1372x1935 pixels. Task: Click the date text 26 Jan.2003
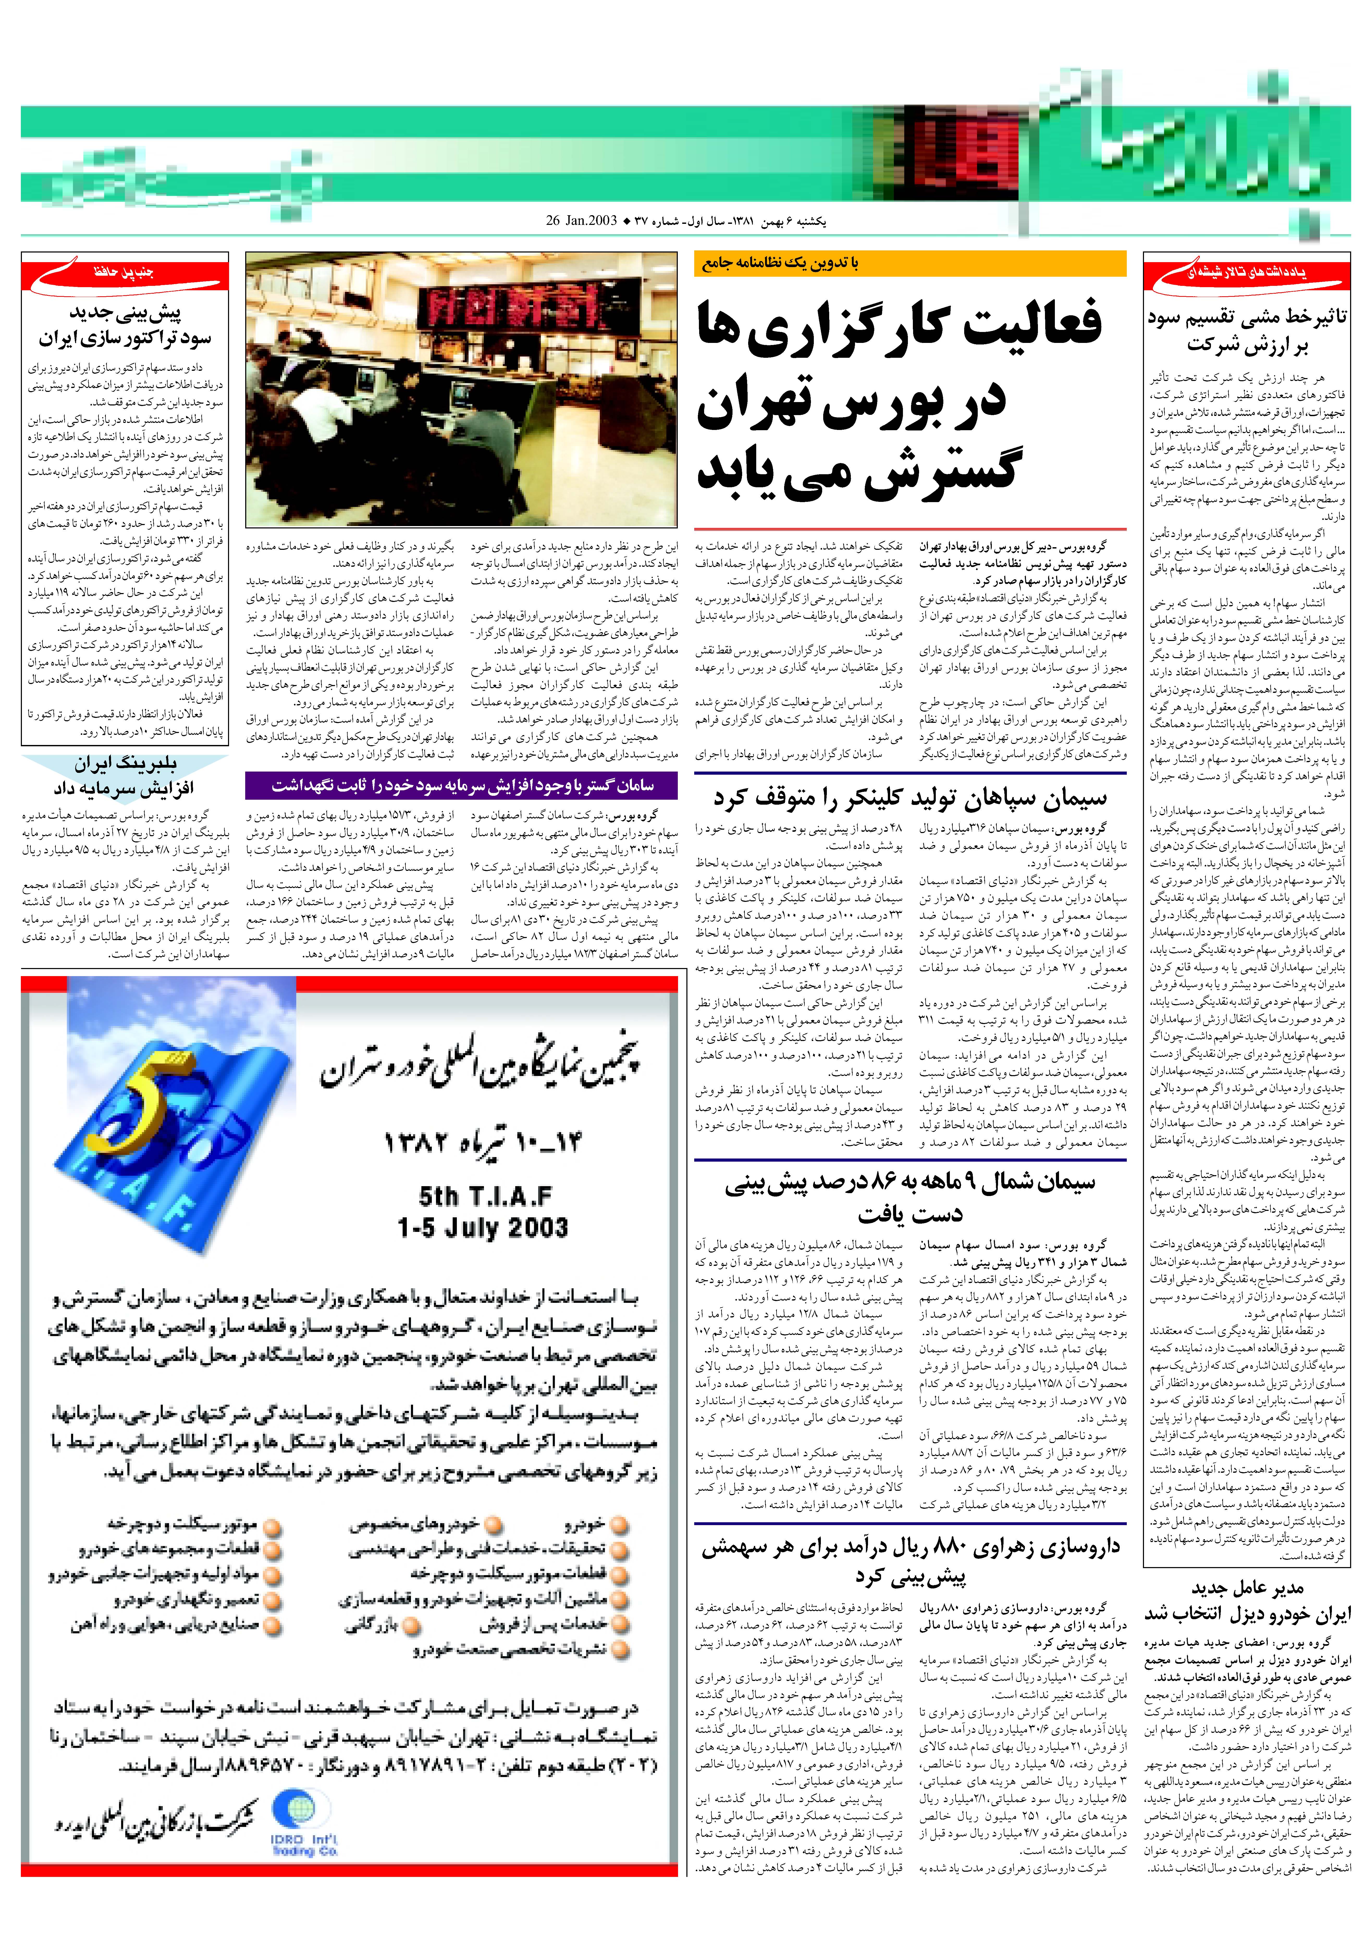click(x=581, y=221)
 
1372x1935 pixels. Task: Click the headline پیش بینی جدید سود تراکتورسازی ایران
click(x=125, y=326)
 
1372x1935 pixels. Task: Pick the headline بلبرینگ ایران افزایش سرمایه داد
click(x=125, y=776)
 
